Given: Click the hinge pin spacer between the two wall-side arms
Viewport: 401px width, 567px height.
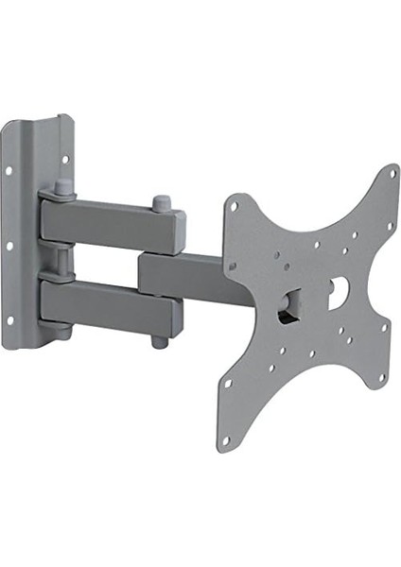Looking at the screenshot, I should point(60,259).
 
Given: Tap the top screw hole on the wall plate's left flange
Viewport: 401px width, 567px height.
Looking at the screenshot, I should point(8,172).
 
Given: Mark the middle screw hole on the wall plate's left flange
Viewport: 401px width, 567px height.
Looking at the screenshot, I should point(9,248).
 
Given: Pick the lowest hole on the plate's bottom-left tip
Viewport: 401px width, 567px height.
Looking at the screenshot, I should point(225,440).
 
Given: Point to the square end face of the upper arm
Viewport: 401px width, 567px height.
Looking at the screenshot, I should point(175,230).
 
